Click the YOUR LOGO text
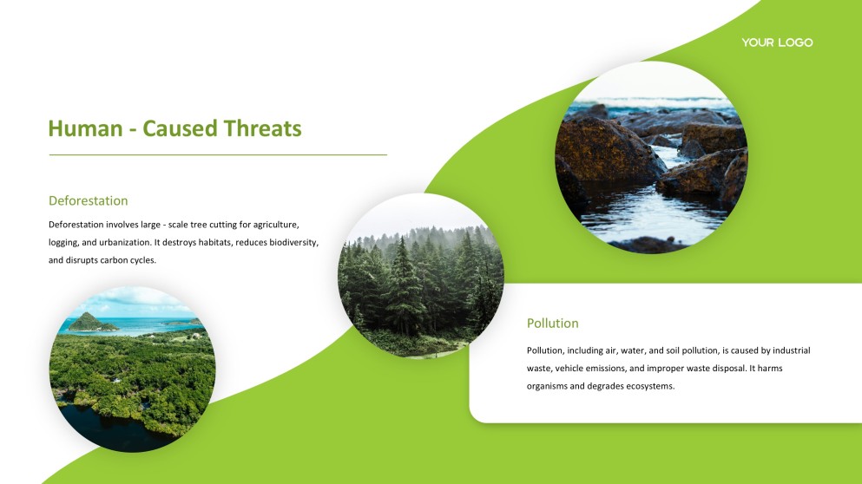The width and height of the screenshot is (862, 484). click(x=777, y=43)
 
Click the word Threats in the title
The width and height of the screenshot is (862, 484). click(x=262, y=129)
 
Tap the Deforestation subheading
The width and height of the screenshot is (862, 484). click(x=88, y=200)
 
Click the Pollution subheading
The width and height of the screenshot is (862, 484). click(x=552, y=323)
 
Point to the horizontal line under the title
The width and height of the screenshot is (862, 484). click(x=217, y=155)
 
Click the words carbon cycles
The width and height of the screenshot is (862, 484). click(x=128, y=260)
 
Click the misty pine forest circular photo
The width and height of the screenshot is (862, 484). click(x=420, y=276)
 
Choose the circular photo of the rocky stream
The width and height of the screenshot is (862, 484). click(x=651, y=157)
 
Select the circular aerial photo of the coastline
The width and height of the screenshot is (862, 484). click(x=132, y=369)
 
